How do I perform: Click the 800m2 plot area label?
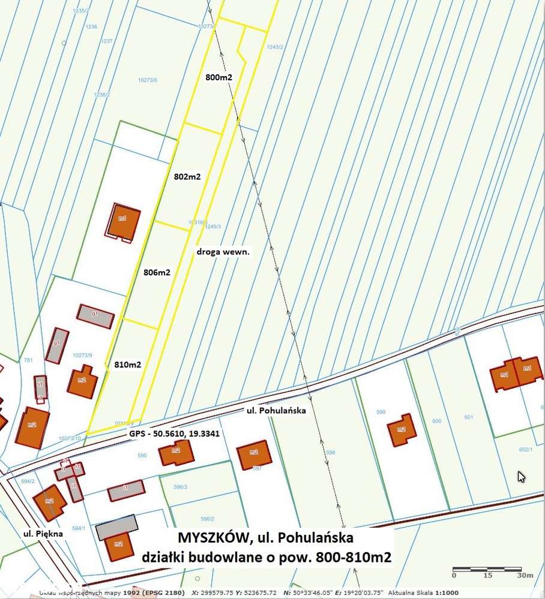click(x=218, y=78)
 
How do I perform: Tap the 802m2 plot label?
click(x=187, y=177)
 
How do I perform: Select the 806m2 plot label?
click(x=157, y=272)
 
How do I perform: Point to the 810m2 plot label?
click(x=127, y=365)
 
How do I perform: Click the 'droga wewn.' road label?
click(x=223, y=252)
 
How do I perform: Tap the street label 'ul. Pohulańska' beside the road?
click(x=277, y=411)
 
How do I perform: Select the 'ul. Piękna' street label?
click(x=43, y=533)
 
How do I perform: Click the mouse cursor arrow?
click(x=522, y=477)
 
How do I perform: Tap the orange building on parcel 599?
click(x=402, y=430)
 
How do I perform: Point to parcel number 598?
click(x=330, y=452)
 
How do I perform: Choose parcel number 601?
click(x=469, y=417)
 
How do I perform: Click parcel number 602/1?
click(x=525, y=448)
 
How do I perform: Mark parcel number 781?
click(x=28, y=360)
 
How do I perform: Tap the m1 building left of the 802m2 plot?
click(x=124, y=222)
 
